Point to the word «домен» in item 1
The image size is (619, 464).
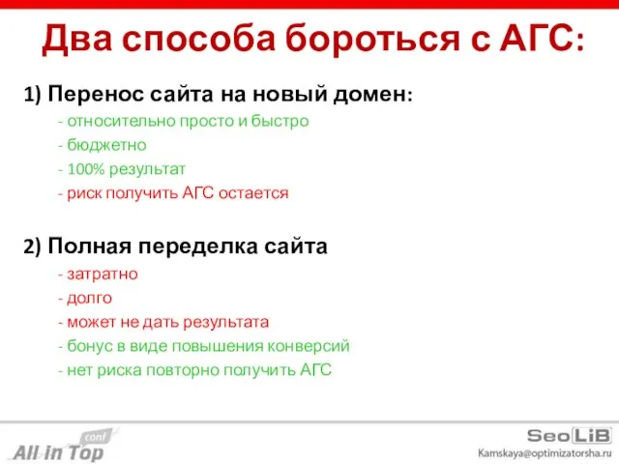pyautogui.click(x=376, y=95)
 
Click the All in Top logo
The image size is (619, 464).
pyautogui.click(x=60, y=447)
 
